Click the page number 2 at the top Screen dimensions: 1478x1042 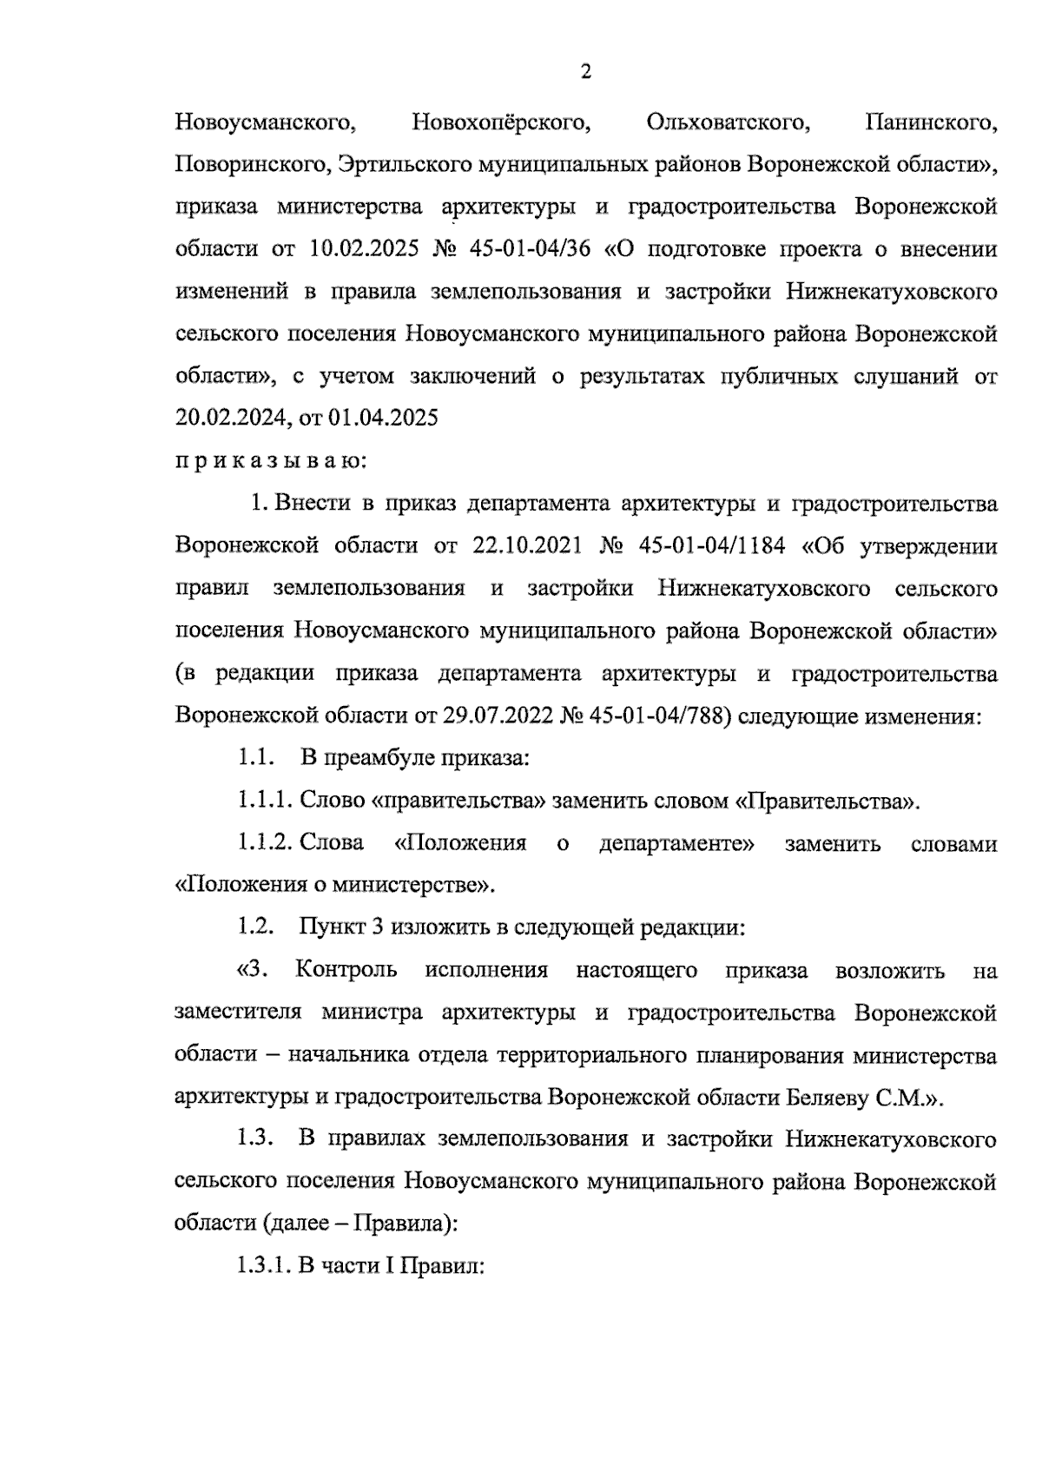[585, 72]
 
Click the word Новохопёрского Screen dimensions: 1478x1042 [501, 122]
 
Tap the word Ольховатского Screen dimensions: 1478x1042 [729, 122]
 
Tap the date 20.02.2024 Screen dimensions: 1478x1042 [230, 419]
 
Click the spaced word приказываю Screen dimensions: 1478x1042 [270, 461]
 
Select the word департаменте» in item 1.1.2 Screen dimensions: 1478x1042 [676, 843]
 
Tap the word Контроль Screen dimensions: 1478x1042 [346, 970]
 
